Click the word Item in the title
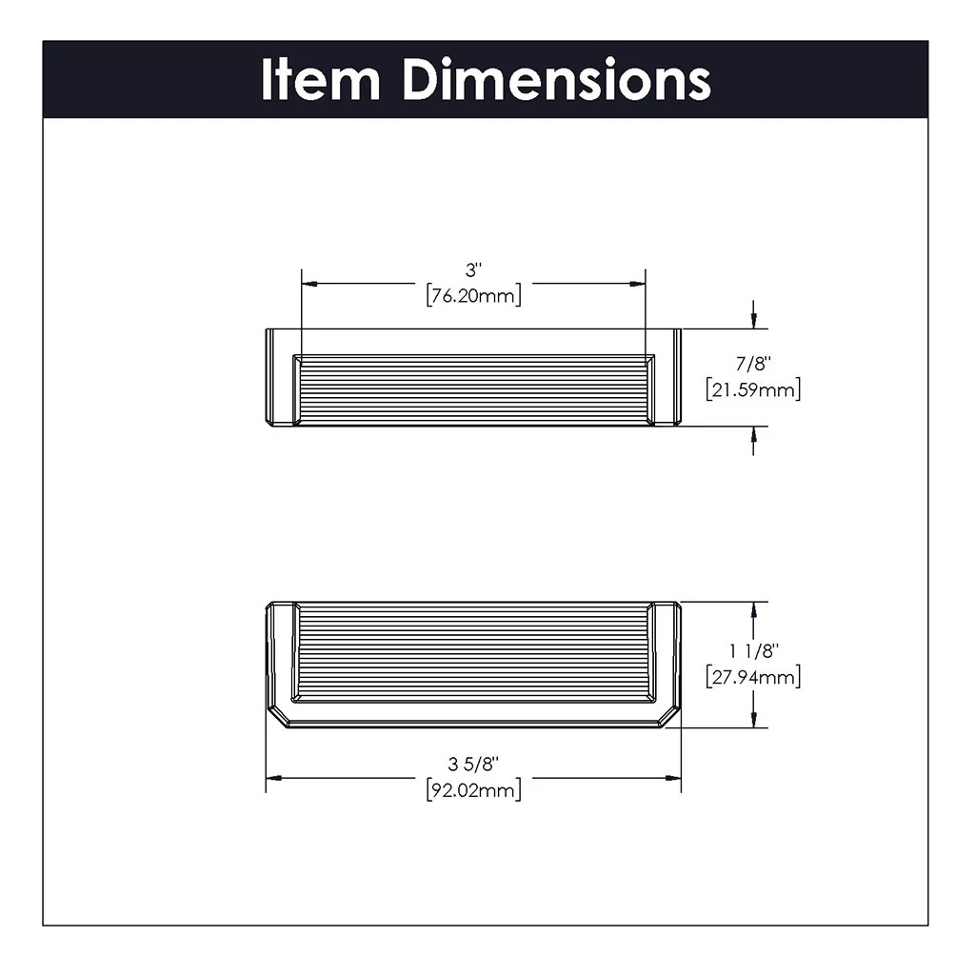pos(319,80)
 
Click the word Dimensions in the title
pos(556,80)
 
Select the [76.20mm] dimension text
pos(473,296)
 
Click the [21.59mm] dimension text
pos(753,389)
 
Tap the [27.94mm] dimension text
pos(753,678)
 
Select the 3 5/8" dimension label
pos(473,763)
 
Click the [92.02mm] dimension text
pos(473,789)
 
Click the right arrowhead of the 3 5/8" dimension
pos(674,778)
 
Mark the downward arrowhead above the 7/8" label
pos(753,321)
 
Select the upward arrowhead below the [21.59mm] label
pos(753,434)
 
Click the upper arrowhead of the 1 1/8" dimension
pos(753,609)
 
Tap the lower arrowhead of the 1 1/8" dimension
pos(753,721)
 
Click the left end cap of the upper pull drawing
pos(278,377)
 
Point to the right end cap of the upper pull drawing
pos(666,377)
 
